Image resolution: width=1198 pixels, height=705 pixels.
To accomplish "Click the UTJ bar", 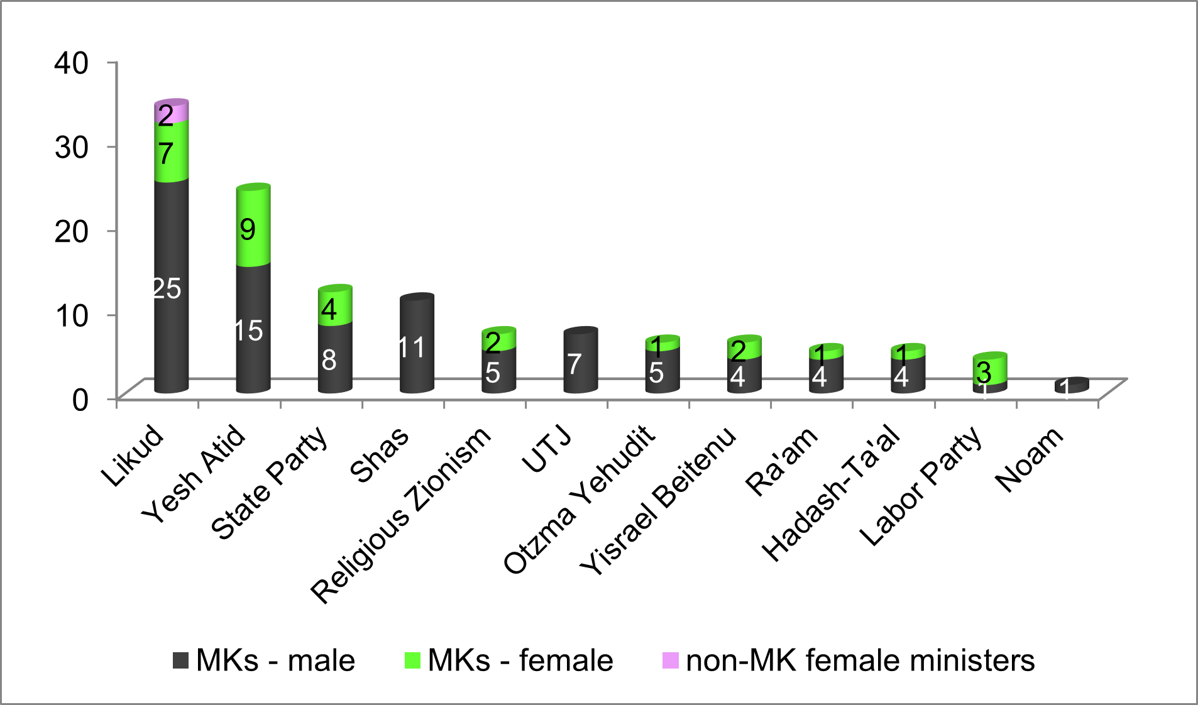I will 580,361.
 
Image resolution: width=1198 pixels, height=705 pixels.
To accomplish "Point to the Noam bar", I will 1072,386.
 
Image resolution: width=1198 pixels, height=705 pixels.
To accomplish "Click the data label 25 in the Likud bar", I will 167,289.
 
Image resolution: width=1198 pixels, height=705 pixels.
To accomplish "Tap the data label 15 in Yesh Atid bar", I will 248,331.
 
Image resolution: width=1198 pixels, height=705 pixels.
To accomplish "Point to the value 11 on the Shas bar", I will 412,347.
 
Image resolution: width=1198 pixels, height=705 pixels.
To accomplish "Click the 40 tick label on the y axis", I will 71,63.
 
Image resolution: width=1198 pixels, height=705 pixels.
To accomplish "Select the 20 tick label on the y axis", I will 71,231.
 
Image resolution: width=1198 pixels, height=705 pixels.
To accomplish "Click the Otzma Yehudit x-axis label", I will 579,500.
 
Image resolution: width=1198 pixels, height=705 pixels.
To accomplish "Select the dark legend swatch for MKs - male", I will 181,660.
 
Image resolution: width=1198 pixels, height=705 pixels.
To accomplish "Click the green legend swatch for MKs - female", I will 413,660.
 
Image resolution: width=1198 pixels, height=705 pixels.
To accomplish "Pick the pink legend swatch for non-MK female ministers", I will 671,660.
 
